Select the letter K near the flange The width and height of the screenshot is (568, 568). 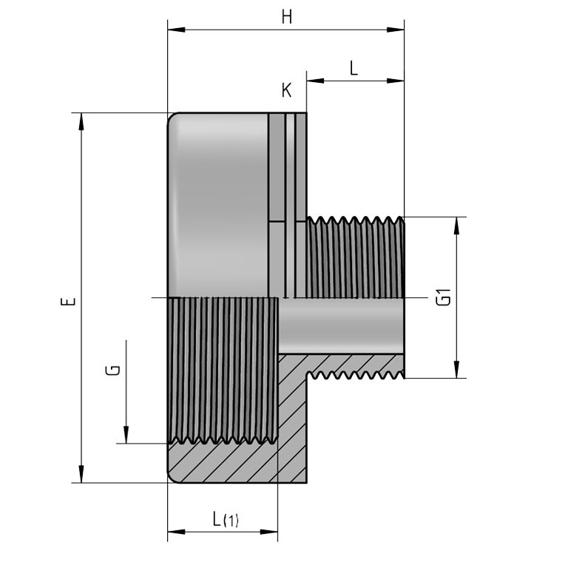(x=286, y=90)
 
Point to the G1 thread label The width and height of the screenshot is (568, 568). (x=443, y=297)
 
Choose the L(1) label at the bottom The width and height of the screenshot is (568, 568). (x=225, y=519)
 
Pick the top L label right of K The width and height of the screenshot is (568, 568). (x=354, y=69)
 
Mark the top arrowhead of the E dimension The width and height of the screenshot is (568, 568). (x=81, y=119)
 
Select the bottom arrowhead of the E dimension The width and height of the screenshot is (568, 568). (x=81, y=477)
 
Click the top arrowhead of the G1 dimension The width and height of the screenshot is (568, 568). (x=456, y=223)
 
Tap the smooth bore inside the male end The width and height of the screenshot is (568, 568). (x=340, y=325)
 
